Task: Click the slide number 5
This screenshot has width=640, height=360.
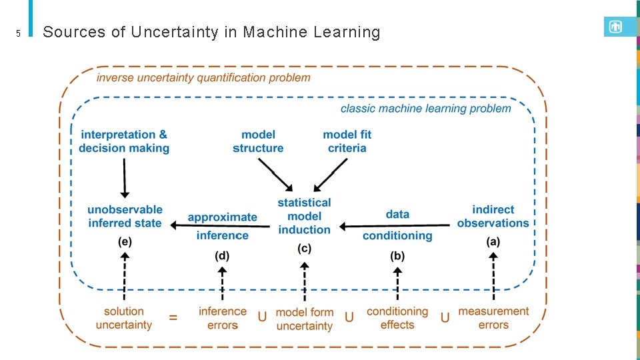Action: point(19,33)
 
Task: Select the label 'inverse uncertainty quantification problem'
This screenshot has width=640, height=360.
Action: point(203,77)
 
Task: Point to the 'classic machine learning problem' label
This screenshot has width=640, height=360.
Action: point(425,109)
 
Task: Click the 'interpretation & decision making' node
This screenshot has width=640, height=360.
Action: point(124,141)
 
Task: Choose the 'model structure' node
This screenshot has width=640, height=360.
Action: point(258,141)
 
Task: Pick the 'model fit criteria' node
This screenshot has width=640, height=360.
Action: point(347,141)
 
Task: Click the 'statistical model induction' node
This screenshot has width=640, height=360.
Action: point(304,216)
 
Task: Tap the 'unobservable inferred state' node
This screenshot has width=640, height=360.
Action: point(125,217)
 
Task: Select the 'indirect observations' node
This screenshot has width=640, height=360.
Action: point(493,217)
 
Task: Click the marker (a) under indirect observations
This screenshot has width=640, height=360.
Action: point(493,242)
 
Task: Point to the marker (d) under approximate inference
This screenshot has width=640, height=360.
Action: point(222,255)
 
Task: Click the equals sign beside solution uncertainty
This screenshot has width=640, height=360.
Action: point(173,318)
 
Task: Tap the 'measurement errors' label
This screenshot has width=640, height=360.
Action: point(493,318)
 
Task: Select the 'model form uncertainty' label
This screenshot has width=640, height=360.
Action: point(304,319)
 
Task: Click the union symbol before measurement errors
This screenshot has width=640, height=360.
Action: point(445,318)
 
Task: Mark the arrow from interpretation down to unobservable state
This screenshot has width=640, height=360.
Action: point(124,178)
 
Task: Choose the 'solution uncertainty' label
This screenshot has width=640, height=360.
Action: point(124,318)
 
